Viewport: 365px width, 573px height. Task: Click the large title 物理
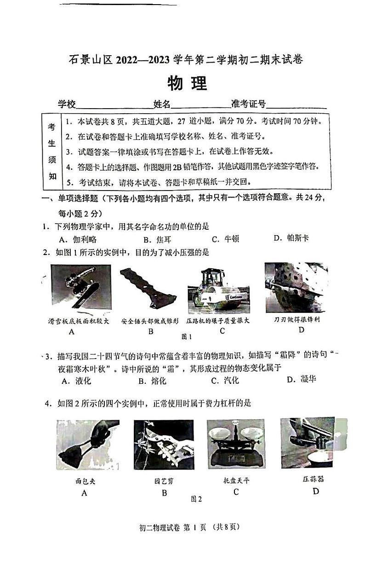tap(187, 83)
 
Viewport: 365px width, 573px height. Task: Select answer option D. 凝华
tap(301, 379)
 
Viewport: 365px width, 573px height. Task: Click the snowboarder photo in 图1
tap(80, 288)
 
